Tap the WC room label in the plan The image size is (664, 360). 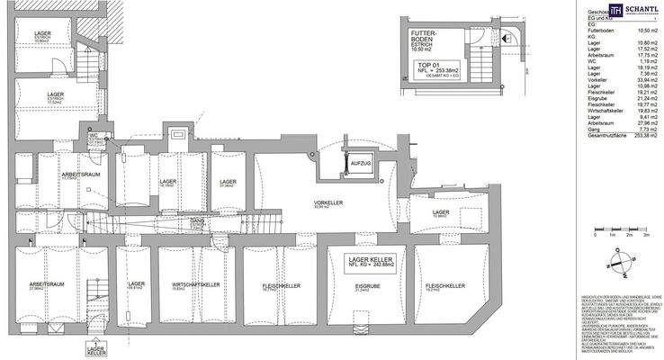[92, 136]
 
